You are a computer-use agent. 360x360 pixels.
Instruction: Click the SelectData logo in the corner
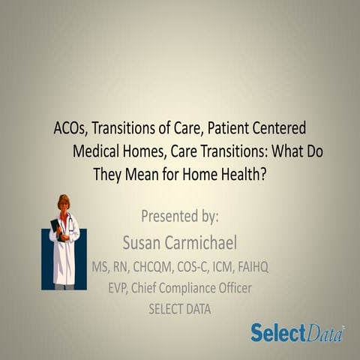coord(297,332)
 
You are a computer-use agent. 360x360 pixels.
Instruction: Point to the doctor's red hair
coord(64,201)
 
